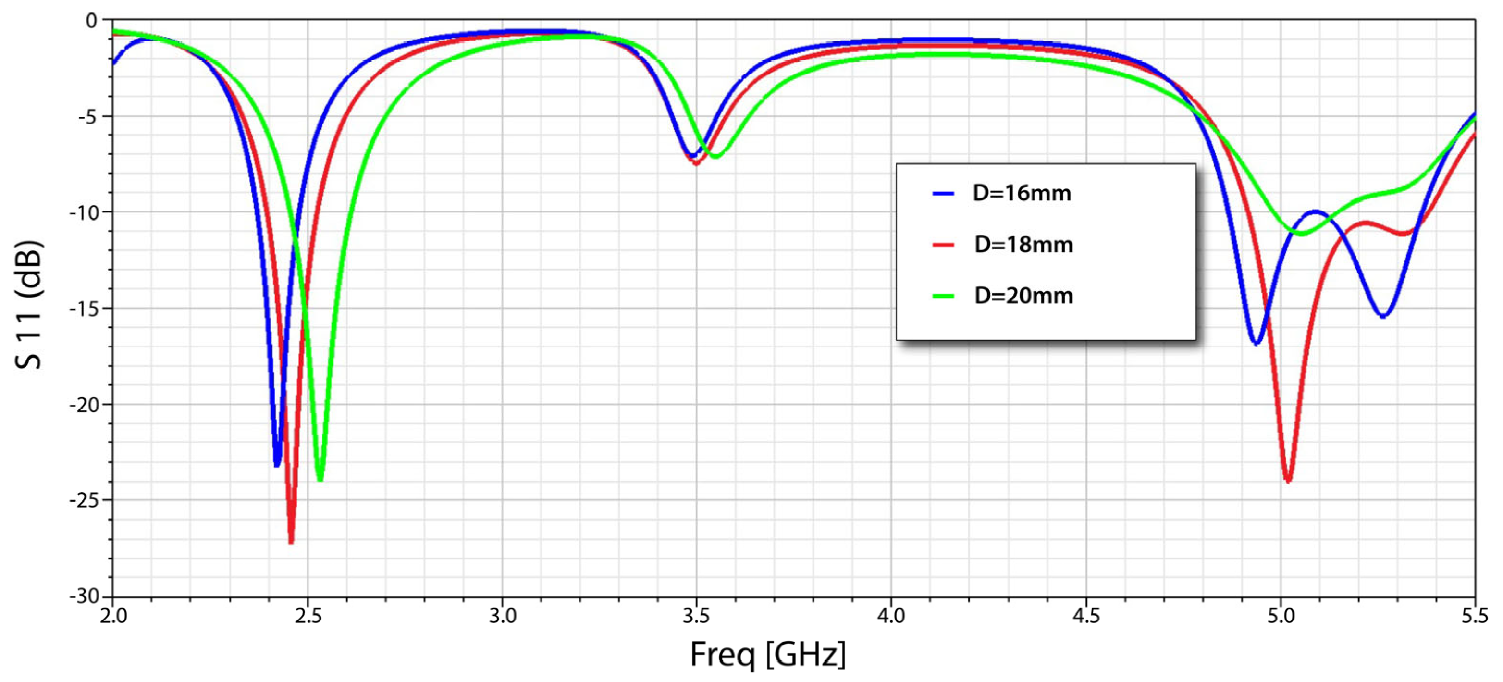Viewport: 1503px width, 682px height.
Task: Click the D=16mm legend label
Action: pyautogui.click(x=1022, y=193)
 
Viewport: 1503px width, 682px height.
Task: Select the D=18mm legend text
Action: pyautogui.click(x=1023, y=245)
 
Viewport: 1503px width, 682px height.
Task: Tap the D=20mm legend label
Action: pyautogui.click(x=1023, y=296)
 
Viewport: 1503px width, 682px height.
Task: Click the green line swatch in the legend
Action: pyautogui.click(x=943, y=296)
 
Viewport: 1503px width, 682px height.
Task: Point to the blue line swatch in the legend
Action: pyautogui.click(x=943, y=193)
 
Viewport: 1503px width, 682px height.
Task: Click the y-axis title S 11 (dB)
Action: pyautogui.click(x=28, y=305)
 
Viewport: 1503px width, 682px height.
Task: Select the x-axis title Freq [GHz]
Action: pyautogui.click(x=767, y=654)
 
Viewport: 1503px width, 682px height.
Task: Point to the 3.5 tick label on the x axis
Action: pyautogui.click(x=696, y=616)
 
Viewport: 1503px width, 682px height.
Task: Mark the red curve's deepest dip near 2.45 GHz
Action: pyautogui.click(x=291, y=541)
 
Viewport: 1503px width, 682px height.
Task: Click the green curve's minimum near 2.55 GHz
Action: pyautogui.click(x=319, y=478)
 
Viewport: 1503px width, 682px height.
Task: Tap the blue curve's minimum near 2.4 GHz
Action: pyautogui.click(x=277, y=464)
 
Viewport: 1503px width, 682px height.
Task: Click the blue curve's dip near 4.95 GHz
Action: pyautogui.click(x=1256, y=343)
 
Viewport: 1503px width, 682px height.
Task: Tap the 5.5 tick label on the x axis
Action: pyautogui.click(x=1474, y=616)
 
